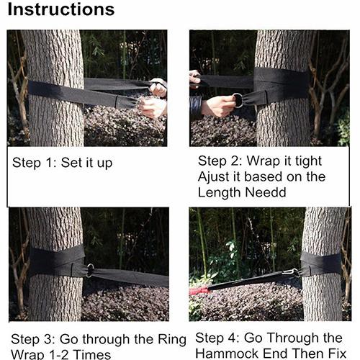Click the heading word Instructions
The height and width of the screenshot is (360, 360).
pyautogui.click(x=61, y=9)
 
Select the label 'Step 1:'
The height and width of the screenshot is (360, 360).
pyautogui.click(x=35, y=163)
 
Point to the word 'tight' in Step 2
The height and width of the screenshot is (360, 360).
pyautogui.click(x=308, y=161)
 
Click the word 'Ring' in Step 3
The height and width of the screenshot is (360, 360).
pyautogui.click(x=172, y=340)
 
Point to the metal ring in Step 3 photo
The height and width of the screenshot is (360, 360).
pyautogui.click(x=89, y=271)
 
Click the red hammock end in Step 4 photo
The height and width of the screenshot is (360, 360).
pyautogui.click(x=199, y=291)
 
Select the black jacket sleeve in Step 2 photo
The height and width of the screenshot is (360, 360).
pyautogui.click(x=196, y=107)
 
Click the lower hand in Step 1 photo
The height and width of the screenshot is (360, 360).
pyautogui.click(x=153, y=108)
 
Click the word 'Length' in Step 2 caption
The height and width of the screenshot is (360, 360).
pyautogui.click(x=220, y=193)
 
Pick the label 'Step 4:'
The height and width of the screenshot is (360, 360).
pyautogui.click(x=217, y=338)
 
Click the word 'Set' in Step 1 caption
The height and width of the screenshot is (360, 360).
pyautogui.click(x=71, y=163)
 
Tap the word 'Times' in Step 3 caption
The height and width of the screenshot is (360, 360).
pyautogui.click(x=92, y=354)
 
